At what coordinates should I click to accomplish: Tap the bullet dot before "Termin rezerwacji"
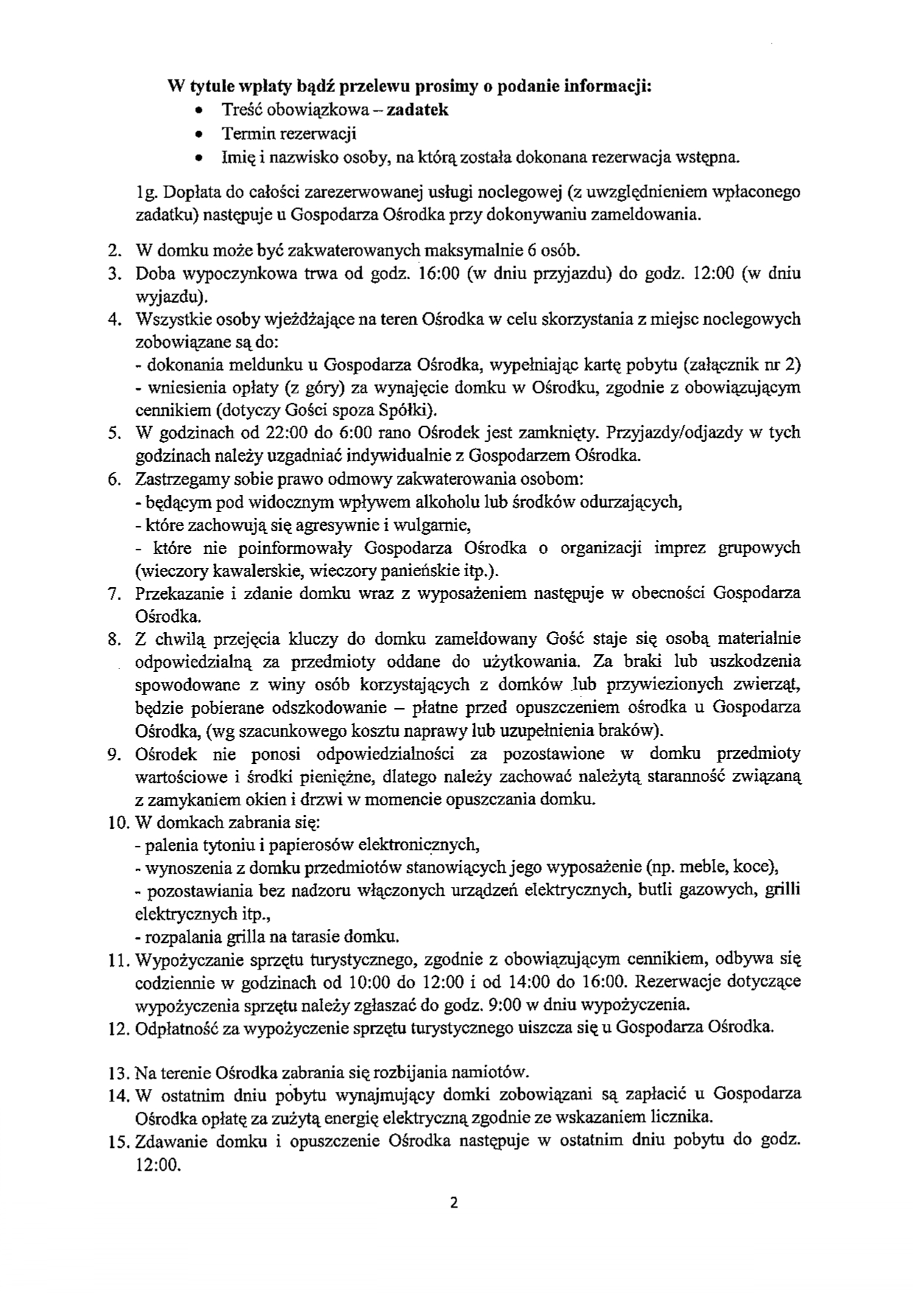[x=200, y=134]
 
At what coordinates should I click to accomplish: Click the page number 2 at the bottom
[x=454, y=1203]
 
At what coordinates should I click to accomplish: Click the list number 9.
[x=113, y=754]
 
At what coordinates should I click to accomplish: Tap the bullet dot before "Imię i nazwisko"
[x=200, y=158]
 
